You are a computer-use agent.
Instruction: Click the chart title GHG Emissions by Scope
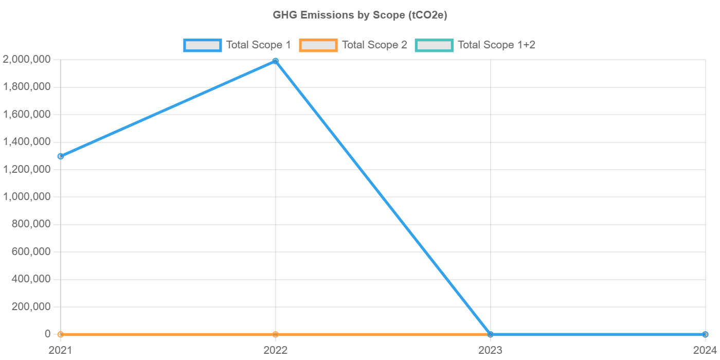(x=360, y=15)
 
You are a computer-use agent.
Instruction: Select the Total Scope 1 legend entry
(x=238, y=45)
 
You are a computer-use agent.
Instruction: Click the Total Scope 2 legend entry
(x=353, y=45)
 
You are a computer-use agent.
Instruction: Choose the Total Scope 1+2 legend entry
(x=476, y=45)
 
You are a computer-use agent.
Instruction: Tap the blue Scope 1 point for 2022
(x=275, y=61)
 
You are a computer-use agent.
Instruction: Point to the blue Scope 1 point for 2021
(x=61, y=156)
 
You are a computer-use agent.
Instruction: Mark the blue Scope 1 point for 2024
(x=705, y=334)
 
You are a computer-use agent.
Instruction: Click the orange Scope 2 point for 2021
(x=61, y=334)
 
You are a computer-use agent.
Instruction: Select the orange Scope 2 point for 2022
(x=275, y=334)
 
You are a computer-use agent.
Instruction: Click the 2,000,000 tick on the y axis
(x=26, y=60)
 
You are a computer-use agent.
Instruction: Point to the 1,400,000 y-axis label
(x=26, y=142)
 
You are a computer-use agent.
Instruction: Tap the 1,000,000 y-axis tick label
(x=26, y=197)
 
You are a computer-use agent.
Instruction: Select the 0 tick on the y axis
(x=47, y=334)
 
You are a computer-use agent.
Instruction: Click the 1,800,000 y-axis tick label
(x=26, y=87)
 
